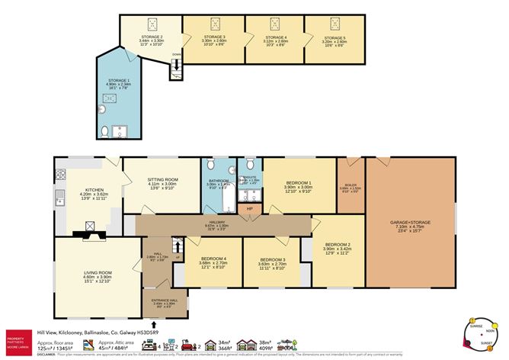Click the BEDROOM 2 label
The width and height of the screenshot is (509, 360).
(337, 244)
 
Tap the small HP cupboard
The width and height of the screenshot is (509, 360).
(248, 208)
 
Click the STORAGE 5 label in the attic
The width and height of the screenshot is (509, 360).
(334, 37)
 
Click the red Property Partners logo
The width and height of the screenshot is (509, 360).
(17, 337)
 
